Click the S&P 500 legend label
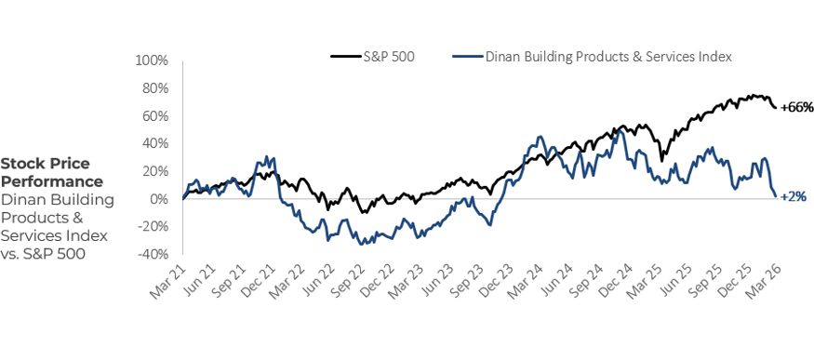pyautogui.click(x=390, y=56)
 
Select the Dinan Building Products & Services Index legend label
pyautogui.click(x=608, y=56)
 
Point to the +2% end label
pyautogui.click(x=794, y=196)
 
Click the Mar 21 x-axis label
pyautogui.click(x=167, y=280)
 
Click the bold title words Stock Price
pyautogui.click(x=40, y=163)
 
